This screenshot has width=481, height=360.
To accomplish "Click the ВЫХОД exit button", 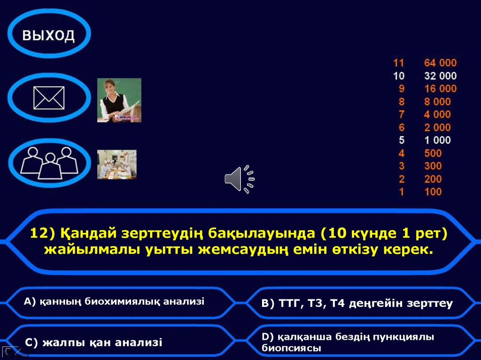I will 48,35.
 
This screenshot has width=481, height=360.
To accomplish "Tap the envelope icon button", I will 49,98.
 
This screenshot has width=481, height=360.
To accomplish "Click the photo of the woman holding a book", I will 119,100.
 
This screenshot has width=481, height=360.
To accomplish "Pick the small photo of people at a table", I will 116,164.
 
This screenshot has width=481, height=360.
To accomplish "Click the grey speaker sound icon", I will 239,179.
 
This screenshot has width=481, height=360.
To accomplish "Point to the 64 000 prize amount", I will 440,63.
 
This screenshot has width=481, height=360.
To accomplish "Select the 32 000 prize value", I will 440,76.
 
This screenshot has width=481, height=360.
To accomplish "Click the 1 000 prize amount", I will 437,140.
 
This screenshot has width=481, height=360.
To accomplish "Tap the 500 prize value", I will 433,153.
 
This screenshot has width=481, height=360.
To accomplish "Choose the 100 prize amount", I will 433,191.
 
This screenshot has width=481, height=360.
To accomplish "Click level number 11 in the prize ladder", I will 398,63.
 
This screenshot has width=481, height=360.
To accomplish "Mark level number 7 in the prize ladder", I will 401,115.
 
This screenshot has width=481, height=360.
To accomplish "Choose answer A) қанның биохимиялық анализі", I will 114,302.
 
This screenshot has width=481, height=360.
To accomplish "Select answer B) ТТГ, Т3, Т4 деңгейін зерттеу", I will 357,304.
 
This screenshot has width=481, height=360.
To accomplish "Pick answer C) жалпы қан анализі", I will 93,343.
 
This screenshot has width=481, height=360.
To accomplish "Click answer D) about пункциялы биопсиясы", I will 348,342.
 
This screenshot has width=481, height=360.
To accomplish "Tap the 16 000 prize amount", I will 440,89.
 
